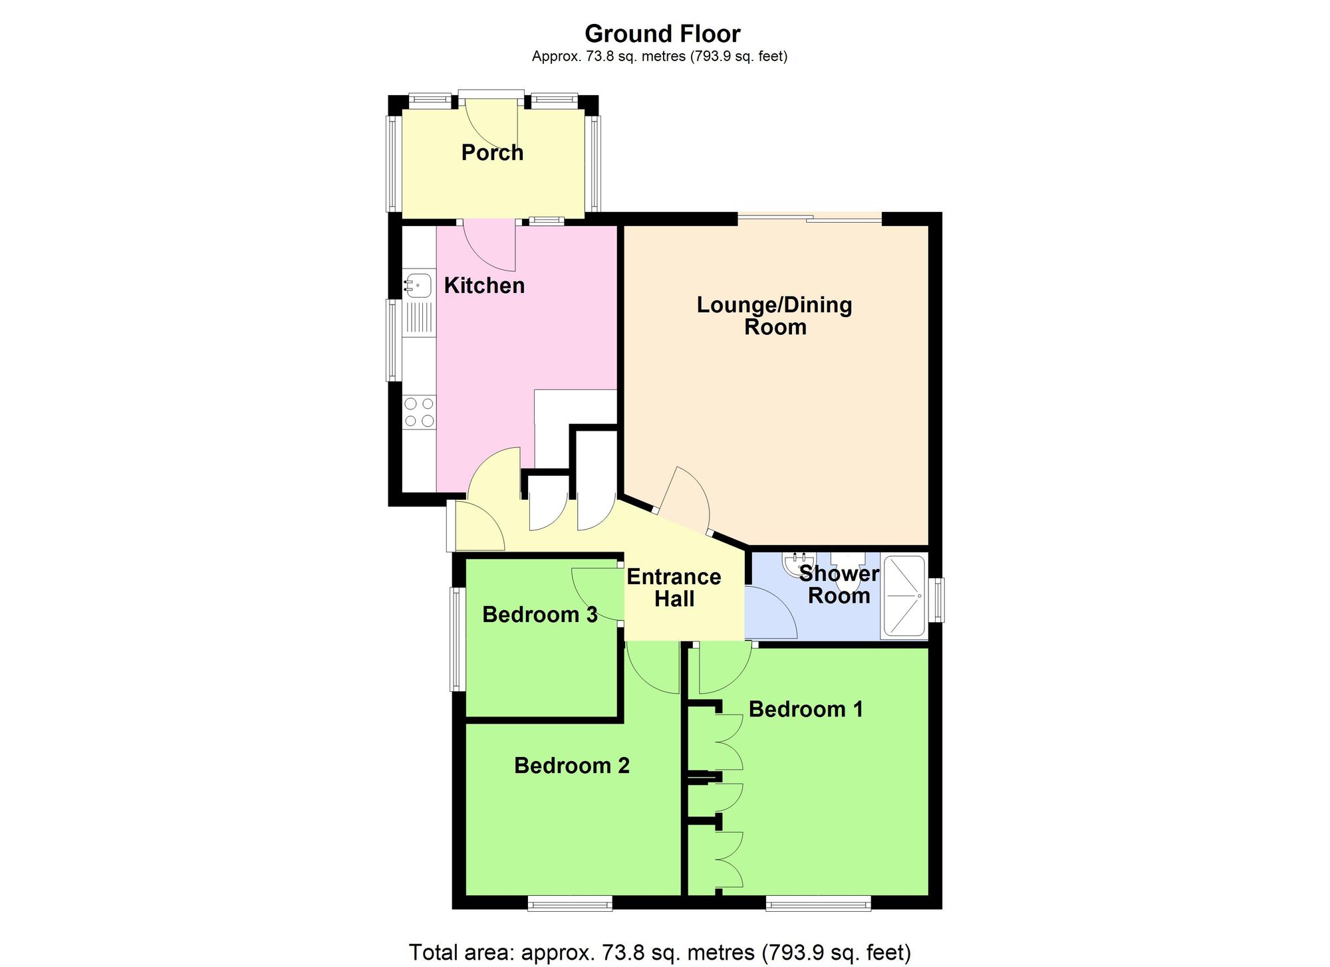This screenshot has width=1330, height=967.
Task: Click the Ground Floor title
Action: (x=662, y=34)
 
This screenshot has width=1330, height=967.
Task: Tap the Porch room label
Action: (x=492, y=153)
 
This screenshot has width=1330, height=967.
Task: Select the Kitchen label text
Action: (x=484, y=286)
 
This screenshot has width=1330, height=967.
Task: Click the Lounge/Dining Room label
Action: (x=775, y=316)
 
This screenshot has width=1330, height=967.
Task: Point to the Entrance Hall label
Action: (x=674, y=588)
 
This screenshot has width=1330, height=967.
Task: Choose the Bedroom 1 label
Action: (x=805, y=710)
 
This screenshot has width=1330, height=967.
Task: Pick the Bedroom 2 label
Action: (x=571, y=766)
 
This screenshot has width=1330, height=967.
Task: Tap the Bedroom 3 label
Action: (x=539, y=615)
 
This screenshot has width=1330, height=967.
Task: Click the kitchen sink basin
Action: (x=418, y=284)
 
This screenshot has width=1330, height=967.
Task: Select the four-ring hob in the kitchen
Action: (x=419, y=412)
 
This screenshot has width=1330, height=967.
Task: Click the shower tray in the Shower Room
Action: (x=903, y=596)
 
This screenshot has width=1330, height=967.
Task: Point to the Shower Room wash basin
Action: (x=797, y=564)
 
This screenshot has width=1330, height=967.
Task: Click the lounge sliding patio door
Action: (x=809, y=217)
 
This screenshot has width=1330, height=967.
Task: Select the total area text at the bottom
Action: (x=659, y=952)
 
